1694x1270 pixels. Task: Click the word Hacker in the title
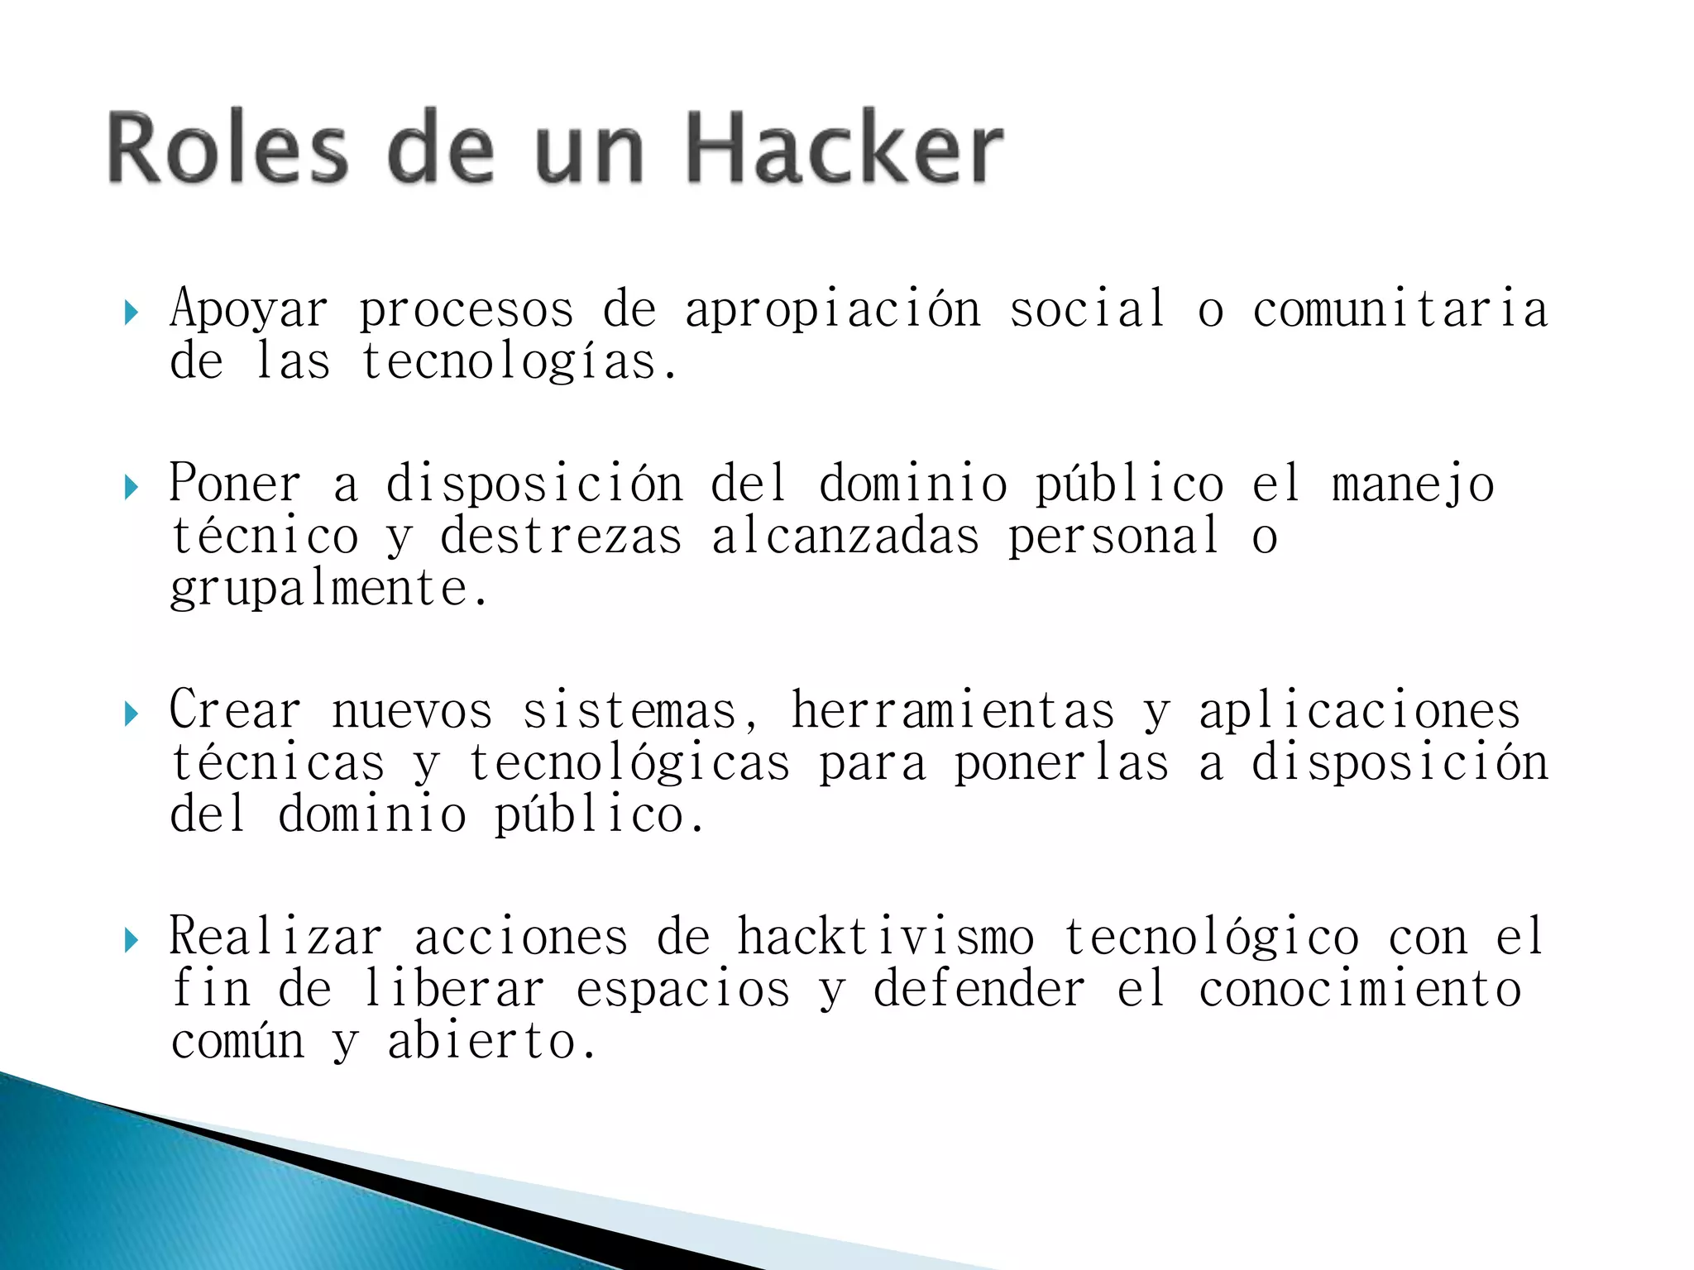pos(844,149)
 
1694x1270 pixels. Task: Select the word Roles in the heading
pos(227,149)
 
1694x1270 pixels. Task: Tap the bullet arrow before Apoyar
pos(131,313)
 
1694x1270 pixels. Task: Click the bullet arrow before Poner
pos(131,487)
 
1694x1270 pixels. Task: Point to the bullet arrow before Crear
pos(131,714)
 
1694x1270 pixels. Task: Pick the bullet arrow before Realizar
pos(131,940)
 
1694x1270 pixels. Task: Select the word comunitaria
pos(1400,309)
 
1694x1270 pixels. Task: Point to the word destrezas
pos(561,536)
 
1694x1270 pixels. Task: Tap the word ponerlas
pos(1062,763)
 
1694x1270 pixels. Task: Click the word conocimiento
pos(1360,990)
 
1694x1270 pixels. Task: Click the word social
pos(1087,309)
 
